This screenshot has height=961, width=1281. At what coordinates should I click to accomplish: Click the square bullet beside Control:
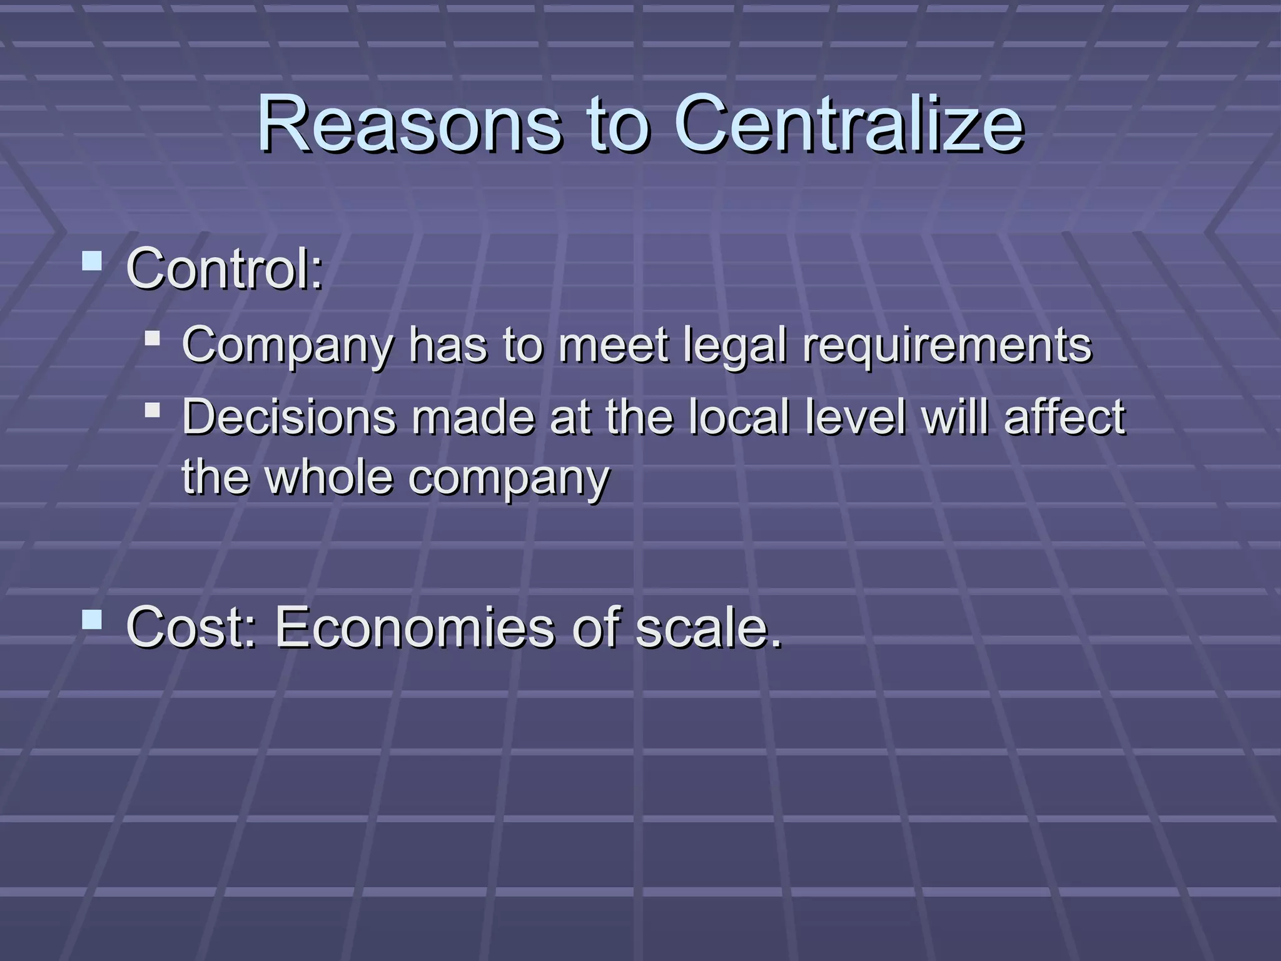pyautogui.click(x=92, y=261)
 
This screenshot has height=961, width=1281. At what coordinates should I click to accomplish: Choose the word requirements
pyautogui.click(x=947, y=346)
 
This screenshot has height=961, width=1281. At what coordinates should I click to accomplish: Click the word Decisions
pyautogui.click(x=289, y=417)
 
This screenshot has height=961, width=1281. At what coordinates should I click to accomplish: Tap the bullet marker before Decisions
pyautogui.click(x=152, y=410)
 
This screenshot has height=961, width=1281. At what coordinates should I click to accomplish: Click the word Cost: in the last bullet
pyautogui.click(x=191, y=627)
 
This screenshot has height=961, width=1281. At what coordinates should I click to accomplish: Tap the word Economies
pyautogui.click(x=415, y=627)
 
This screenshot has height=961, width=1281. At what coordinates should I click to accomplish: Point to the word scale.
pyautogui.click(x=708, y=627)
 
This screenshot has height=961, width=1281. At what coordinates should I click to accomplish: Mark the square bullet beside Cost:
pyautogui.click(x=92, y=619)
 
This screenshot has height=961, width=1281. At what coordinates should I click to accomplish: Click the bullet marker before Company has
pyautogui.click(x=152, y=338)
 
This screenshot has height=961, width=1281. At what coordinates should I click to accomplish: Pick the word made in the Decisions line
pyautogui.click(x=473, y=417)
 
